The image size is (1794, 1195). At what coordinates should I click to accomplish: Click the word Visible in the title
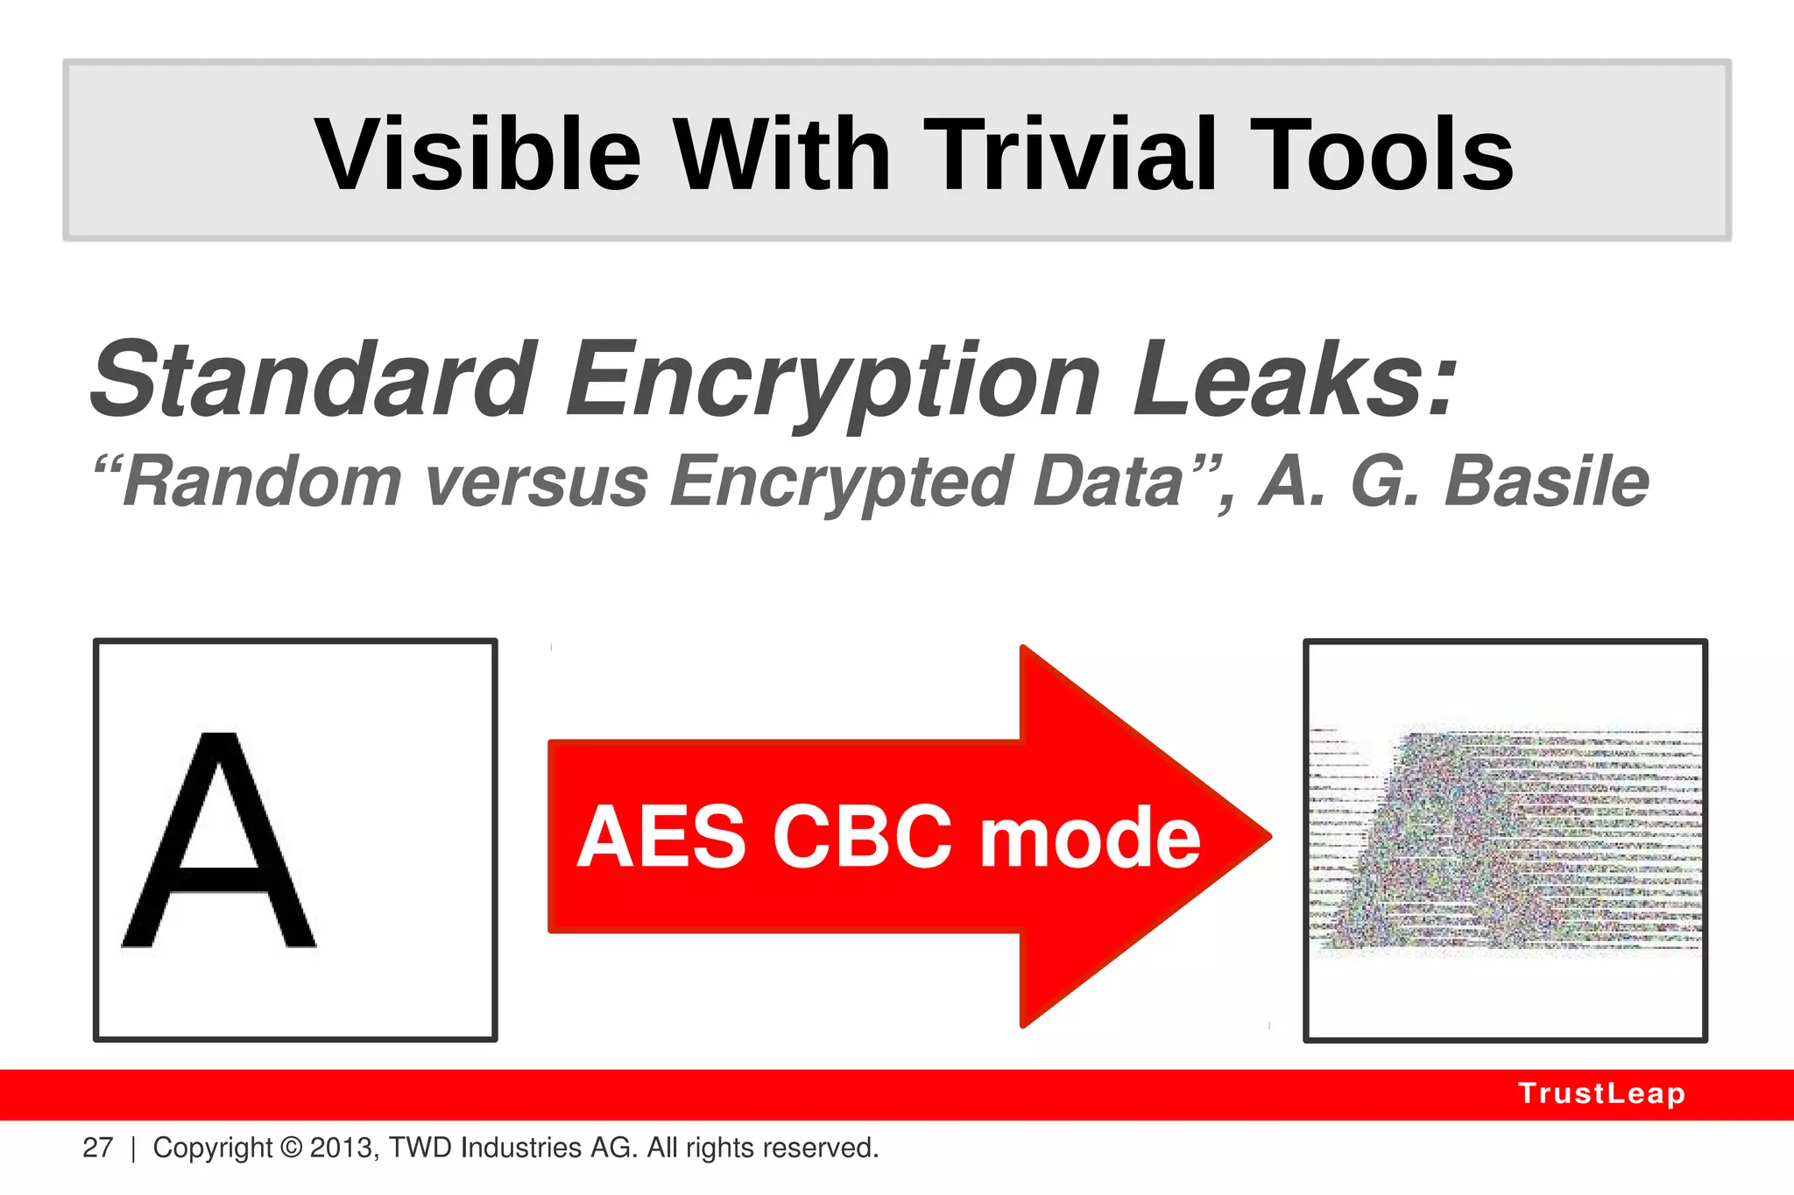point(478,155)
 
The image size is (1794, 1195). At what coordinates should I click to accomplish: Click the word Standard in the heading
point(314,381)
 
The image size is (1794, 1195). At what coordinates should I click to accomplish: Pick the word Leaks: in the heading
point(1295,381)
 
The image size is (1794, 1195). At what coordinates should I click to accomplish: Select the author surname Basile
point(1546,482)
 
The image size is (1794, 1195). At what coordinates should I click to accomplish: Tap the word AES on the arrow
point(661,837)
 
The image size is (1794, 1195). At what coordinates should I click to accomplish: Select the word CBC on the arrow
point(862,837)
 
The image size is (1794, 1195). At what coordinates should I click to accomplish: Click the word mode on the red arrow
point(1090,839)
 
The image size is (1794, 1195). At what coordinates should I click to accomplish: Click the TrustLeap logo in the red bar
point(1601,1093)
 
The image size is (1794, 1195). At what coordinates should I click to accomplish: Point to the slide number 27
point(97,1148)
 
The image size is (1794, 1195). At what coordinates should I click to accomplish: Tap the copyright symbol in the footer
point(292,1148)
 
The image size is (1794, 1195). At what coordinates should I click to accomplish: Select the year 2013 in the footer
point(343,1148)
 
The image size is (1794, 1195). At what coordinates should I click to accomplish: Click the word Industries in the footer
point(521,1148)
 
